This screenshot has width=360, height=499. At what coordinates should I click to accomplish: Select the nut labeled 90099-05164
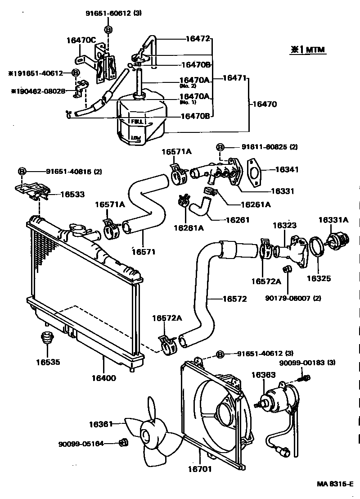pos(124,443)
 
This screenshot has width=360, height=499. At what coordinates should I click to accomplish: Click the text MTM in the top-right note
pos(315,50)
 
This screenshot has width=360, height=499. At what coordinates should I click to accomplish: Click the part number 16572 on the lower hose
pos(234,299)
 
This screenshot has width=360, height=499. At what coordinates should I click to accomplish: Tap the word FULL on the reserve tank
pos(137,122)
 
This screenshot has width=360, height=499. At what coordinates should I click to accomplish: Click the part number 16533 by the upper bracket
pos(72,195)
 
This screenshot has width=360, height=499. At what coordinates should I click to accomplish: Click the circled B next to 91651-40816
pos(22,171)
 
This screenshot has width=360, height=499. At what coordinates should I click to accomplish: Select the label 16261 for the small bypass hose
pos(237,220)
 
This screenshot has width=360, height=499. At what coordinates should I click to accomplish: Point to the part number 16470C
pos(81,40)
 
